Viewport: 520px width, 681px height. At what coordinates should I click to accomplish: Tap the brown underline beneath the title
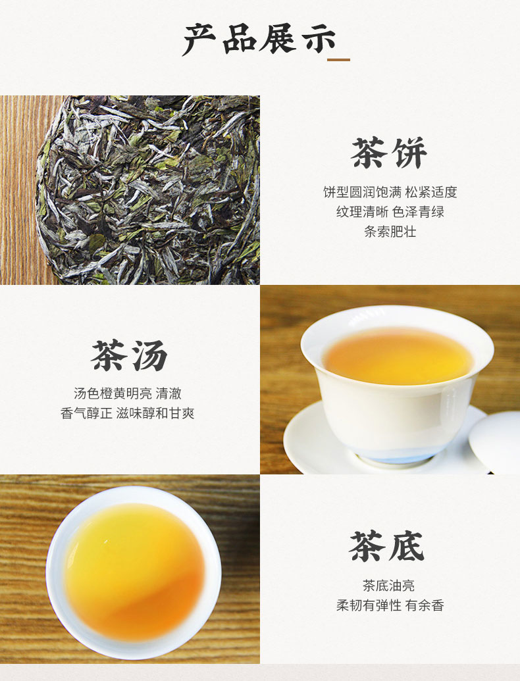(x=338, y=59)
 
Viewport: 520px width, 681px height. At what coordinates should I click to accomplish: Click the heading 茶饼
(x=389, y=153)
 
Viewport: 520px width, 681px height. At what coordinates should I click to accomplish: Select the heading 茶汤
(x=129, y=355)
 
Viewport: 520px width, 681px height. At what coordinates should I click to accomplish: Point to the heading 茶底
(x=386, y=546)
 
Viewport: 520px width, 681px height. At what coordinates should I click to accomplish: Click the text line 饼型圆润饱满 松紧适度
(x=390, y=192)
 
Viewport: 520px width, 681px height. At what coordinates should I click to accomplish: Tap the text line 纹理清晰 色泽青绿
(x=390, y=212)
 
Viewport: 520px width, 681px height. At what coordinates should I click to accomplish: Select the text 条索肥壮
(x=390, y=232)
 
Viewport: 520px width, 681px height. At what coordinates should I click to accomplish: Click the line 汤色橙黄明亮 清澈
(x=127, y=393)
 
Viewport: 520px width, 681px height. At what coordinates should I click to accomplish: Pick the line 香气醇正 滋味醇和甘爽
(x=127, y=413)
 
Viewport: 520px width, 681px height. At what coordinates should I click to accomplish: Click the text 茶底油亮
(x=389, y=586)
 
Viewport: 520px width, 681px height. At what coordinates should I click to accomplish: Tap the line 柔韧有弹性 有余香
(x=390, y=605)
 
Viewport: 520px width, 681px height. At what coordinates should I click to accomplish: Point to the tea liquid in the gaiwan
(x=398, y=356)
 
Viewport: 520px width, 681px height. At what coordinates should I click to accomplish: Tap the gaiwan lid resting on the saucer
(x=495, y=441)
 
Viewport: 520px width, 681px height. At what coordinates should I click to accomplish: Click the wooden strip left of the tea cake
(x=20, y=190)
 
